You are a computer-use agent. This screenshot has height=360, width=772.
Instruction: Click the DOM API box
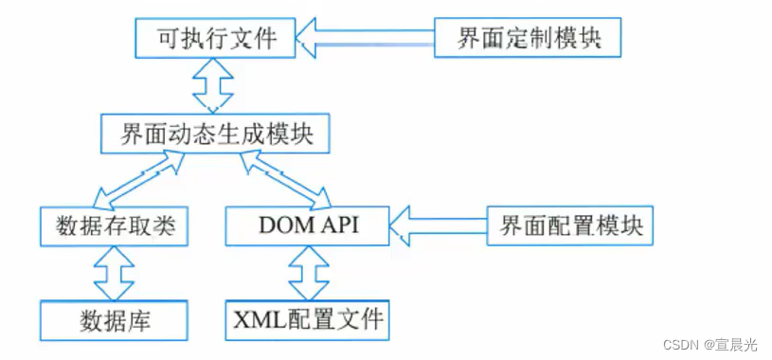[308, 225]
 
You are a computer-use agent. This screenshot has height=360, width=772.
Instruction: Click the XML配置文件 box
[308, 319]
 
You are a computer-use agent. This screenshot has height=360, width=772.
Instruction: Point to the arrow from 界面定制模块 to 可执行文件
[365, 38]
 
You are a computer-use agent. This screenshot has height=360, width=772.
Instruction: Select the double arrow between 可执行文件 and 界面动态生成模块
[214, 86]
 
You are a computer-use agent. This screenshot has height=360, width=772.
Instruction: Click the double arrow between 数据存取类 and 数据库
[115, 273]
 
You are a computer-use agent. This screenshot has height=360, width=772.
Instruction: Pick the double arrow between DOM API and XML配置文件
[308, 273]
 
